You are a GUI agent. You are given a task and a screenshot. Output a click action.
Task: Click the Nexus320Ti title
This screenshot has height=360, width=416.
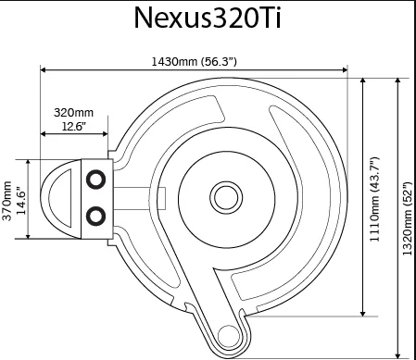pyautogui.click(x=208, y=18)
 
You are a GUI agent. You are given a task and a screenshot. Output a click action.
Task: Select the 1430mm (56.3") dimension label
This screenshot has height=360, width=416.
pyautogui.click(x=194, y=62)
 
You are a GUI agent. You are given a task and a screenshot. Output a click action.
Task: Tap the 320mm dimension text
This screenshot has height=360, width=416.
pyautogui.click(x=73, y=113)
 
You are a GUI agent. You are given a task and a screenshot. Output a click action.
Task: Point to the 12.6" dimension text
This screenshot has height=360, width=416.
pyautogui.click(x=74, y=126)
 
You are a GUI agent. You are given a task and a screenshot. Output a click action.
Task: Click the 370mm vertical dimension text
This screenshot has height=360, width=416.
pyautogui.click(x=6, y=201)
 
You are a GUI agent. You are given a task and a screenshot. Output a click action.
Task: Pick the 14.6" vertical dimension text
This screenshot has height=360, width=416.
pyautogui.click(x=21, y=201)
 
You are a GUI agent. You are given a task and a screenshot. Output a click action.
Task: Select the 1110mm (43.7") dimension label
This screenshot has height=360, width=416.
pyautogui.click(x=374, y=199)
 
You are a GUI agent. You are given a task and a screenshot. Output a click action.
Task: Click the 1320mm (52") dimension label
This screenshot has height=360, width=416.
pyautogui.click(x=408, y=218)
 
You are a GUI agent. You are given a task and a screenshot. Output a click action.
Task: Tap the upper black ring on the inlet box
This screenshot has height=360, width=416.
pyautogui.click(x=95, y=180)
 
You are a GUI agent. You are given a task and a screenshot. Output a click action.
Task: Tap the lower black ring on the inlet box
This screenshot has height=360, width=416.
pyautogui.click(x=95, y=216)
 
